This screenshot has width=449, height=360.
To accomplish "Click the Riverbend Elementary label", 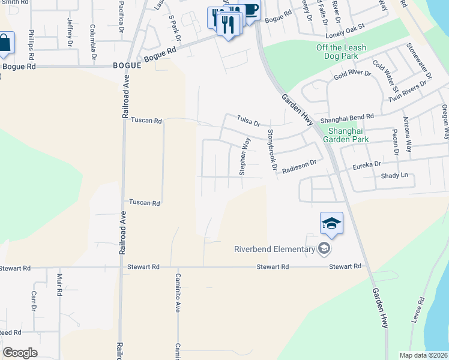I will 274,250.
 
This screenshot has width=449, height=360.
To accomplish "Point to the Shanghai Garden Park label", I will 345,134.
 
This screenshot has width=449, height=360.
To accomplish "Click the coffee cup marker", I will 249,10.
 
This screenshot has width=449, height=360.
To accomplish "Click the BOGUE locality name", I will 127,65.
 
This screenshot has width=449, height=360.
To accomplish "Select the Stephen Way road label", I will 244,156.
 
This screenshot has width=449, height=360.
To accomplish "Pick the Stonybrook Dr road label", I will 272,150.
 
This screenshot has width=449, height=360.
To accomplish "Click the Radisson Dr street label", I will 299,165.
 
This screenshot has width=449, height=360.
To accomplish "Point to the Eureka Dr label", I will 367,164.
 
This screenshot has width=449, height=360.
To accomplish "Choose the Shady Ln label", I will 394,175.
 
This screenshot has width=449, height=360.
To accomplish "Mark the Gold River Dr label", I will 352,74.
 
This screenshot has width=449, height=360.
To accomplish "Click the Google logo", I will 20,353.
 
